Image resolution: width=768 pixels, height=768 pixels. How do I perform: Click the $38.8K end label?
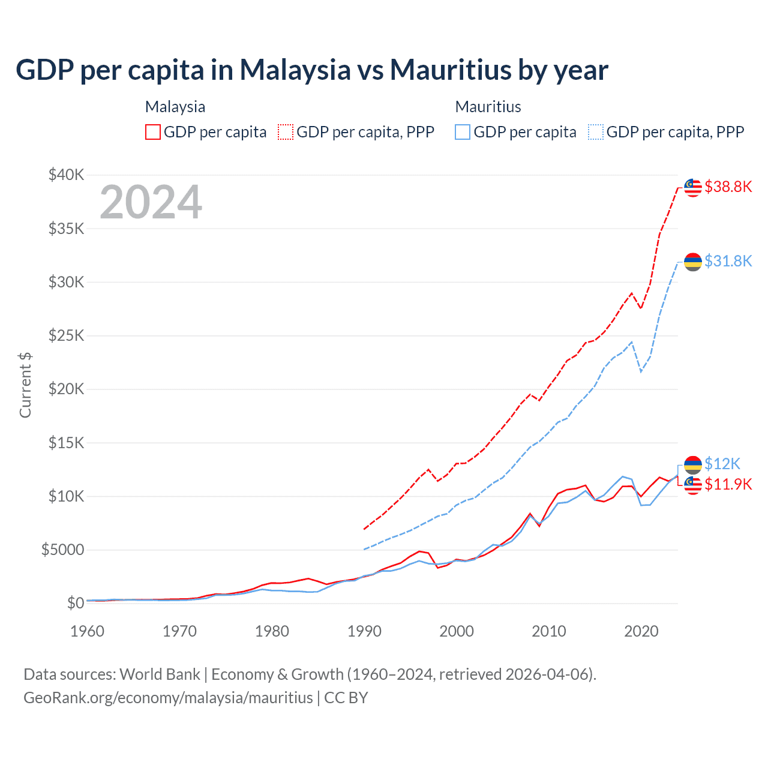tap(728, 187)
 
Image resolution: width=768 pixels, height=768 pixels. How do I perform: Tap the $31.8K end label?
tap(728, 261)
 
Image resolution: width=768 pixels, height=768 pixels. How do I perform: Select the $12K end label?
tap(722, 464)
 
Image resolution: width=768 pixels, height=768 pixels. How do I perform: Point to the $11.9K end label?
tap(728, 484)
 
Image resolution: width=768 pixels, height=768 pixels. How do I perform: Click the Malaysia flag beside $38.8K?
tap(693, 187)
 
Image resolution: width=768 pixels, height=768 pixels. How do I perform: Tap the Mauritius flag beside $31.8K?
tap(693, 262)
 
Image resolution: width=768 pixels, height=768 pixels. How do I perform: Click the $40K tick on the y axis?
tap(67, 175)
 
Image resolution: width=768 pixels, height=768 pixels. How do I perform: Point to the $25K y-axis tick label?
tap(67, 335)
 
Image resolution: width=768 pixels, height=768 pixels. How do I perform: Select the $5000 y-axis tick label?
tap(62, 550)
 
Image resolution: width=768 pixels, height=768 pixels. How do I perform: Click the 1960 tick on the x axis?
tap(88, 631)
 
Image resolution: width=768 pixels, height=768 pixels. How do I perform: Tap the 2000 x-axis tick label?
tap(457, 631)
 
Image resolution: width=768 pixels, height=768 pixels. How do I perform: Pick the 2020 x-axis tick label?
tap(641, 631)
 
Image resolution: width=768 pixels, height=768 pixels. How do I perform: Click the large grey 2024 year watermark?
tap(151, 202)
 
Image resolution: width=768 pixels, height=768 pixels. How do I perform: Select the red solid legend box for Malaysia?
tap(153, 132)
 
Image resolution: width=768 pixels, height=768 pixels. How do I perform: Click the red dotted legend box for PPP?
tap(286, 132)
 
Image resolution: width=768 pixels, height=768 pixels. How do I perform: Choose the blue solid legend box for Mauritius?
tap(463, 132)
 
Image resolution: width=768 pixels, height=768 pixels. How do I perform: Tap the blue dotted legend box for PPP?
tap(596, 132)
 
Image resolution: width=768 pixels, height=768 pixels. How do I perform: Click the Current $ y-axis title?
tap(25, 385)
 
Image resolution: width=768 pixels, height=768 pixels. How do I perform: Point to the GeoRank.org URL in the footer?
tap(168, 698)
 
